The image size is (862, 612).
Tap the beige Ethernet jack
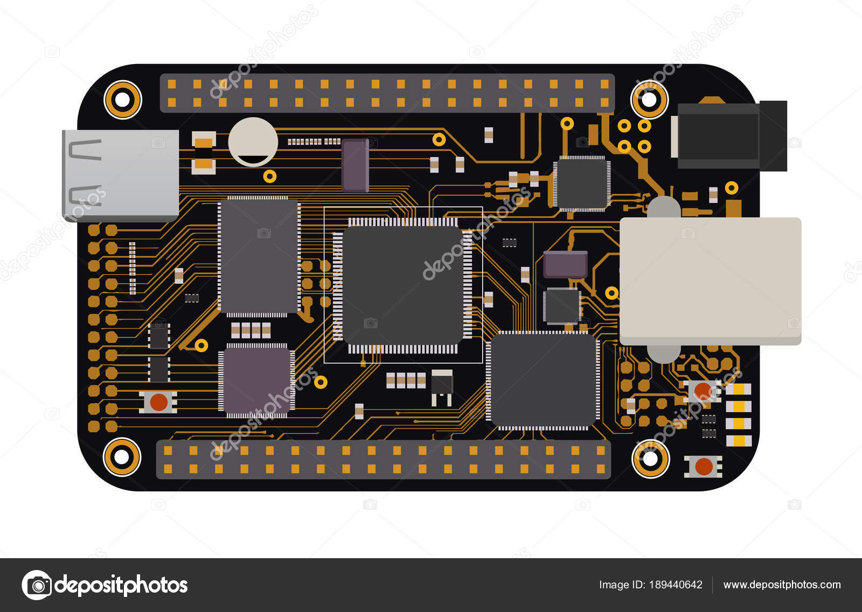[x=710, y=280]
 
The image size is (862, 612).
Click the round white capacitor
[x=253, y=142]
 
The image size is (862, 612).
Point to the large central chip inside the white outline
[x=402, y=285]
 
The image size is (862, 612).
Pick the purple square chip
[x=256, y=381]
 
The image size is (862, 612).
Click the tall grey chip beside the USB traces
[x=258, y=256]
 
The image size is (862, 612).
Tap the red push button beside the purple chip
[x=158, y=402]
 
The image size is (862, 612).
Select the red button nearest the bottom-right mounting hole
[x=703, y=466]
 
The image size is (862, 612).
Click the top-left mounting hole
[x=122, y=100]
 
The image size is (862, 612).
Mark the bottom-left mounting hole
[x=122, y=457]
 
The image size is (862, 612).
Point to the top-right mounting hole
[x=649, y=100]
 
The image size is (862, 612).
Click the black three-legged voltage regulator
[x=442, y=385]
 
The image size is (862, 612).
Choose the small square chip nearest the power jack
[x=582, y=184]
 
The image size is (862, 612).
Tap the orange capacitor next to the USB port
[x=204, y=153]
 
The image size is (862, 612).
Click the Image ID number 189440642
[x=676, y=585]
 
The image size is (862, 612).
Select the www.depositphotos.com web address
[x=782, y=585]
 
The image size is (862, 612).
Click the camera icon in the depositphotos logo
[x=37, y=585]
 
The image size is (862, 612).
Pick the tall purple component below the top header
[x=355, y=165]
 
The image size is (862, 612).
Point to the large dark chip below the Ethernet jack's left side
[x=543, y=380]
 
